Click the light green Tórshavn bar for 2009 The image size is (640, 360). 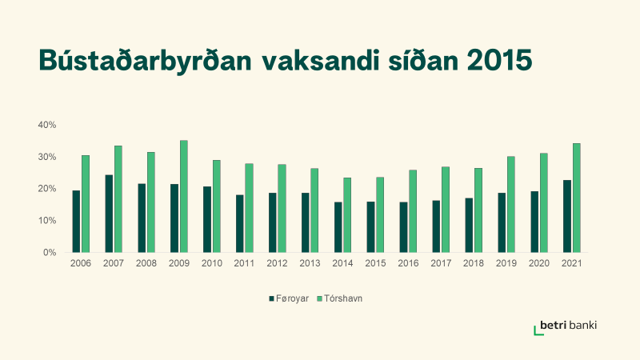point(184,196)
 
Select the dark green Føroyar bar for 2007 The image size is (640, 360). point(109,214)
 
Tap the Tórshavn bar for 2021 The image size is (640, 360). point(576,198)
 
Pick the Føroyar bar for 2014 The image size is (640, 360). point(338,227)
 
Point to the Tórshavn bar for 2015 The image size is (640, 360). point(380,214)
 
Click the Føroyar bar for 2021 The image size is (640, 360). point(567,216)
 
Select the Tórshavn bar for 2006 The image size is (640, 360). point(86,204)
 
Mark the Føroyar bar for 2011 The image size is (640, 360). point(239,224)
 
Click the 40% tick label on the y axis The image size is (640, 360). point(47,125)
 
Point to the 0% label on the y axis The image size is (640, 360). point(50,253)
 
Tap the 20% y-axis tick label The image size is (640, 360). point(47,189)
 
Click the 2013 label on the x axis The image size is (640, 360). point(310,263)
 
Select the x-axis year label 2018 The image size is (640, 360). point(474,263)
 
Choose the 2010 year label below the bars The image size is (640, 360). point(212,263)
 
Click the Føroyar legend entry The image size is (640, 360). point(289,298)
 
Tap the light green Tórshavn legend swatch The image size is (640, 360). point(320,298)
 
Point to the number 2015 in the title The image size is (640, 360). point(499,61)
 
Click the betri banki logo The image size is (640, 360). point(566,327)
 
